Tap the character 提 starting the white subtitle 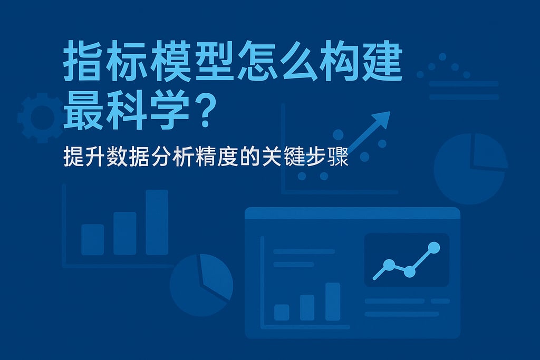73,157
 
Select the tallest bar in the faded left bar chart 157,222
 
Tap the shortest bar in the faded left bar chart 92,239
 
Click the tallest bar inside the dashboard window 333,301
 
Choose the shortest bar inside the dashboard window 282,312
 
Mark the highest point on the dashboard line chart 434,247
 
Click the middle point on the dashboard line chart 409,271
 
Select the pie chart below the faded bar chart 201,285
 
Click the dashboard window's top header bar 352,213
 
